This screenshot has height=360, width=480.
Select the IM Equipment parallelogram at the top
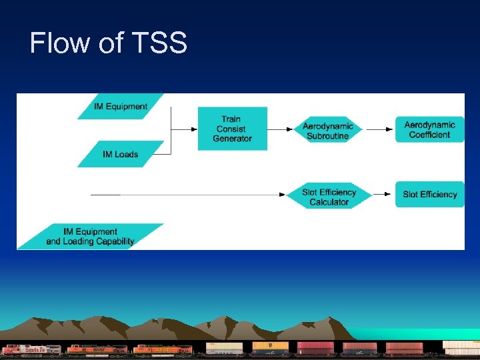[121, 106]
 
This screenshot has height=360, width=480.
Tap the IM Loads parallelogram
[121, 154]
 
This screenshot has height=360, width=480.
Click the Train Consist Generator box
[233, 129]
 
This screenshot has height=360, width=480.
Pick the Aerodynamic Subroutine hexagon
[327, 131]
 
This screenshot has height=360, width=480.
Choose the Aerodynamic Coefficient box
[429, 129]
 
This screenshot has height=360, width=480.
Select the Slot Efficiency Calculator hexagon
[329, 197]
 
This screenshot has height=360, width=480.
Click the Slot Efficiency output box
[429, 194]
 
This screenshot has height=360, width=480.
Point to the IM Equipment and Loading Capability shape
[90, 237]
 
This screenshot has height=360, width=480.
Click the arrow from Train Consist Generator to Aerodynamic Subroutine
[281, 129]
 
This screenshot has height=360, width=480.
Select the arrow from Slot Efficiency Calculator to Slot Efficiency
[382, 194]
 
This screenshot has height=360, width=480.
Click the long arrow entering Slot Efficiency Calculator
[200, 195]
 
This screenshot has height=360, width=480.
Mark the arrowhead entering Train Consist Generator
[194, 129]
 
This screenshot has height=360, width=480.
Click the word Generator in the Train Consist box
[233, 139]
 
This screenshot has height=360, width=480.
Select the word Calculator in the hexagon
[329, 202]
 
